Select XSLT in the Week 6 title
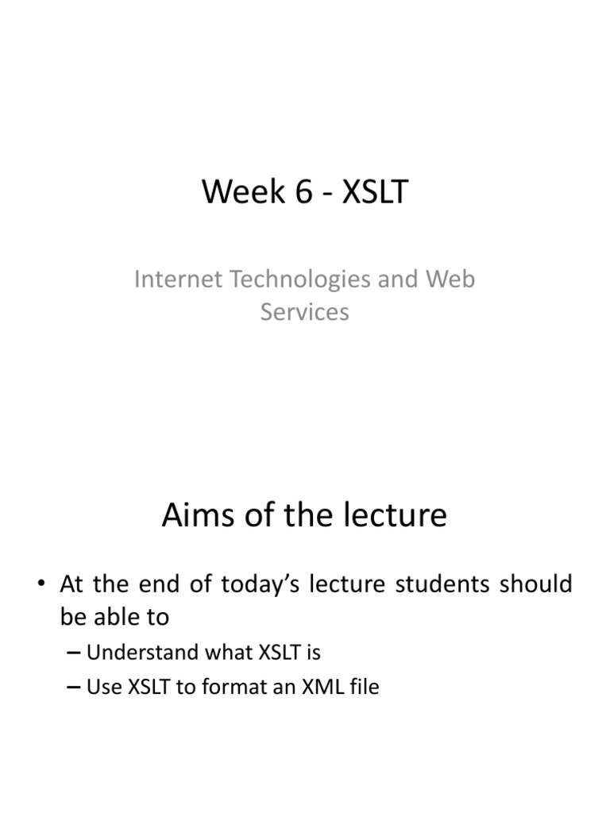click(x=375, y=193)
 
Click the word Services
click(x=305, y=312)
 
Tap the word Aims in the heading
click(x=195, y=516)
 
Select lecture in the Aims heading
click(x=395, y=516)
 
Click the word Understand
click(x=141, y=653)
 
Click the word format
click(x=234, y=687)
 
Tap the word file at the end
click(x=363, y=687)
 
